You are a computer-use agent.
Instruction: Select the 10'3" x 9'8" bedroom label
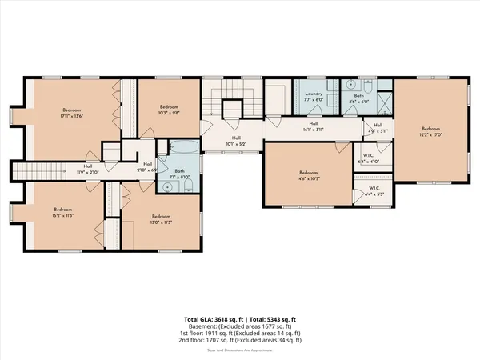click(x=168, y=110)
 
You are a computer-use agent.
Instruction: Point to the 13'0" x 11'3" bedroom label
click(x=161, y=219)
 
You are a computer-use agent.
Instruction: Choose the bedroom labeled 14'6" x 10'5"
click(x=309, y=176)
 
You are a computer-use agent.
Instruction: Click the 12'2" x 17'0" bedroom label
click(x=431, y=132)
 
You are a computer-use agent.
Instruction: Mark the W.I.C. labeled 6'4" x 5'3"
click(x=374, y=193)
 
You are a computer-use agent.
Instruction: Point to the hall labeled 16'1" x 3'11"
click(x=314, y=126)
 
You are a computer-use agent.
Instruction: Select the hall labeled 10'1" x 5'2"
click(x=237, y=142)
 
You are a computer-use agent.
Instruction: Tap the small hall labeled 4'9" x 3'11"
click(x=378, y=126)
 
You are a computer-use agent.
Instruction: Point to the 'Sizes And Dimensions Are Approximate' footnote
click(x=239, y=348)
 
